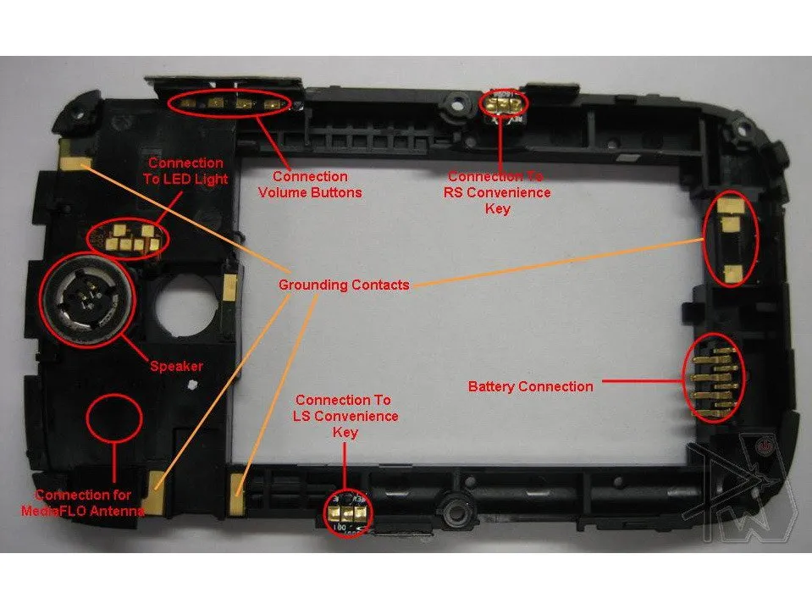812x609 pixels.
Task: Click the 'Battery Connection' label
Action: [530, 387]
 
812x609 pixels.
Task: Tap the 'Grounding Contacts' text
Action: [343, 285]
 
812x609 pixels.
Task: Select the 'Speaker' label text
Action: [176, 367]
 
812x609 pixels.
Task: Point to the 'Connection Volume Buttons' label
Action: [310, 185]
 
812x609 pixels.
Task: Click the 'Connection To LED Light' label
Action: [185, 170]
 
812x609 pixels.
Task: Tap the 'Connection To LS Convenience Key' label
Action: [345, 415]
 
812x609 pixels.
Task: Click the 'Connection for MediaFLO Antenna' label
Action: [83, 502]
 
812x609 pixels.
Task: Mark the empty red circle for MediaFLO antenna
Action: [114, 416]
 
